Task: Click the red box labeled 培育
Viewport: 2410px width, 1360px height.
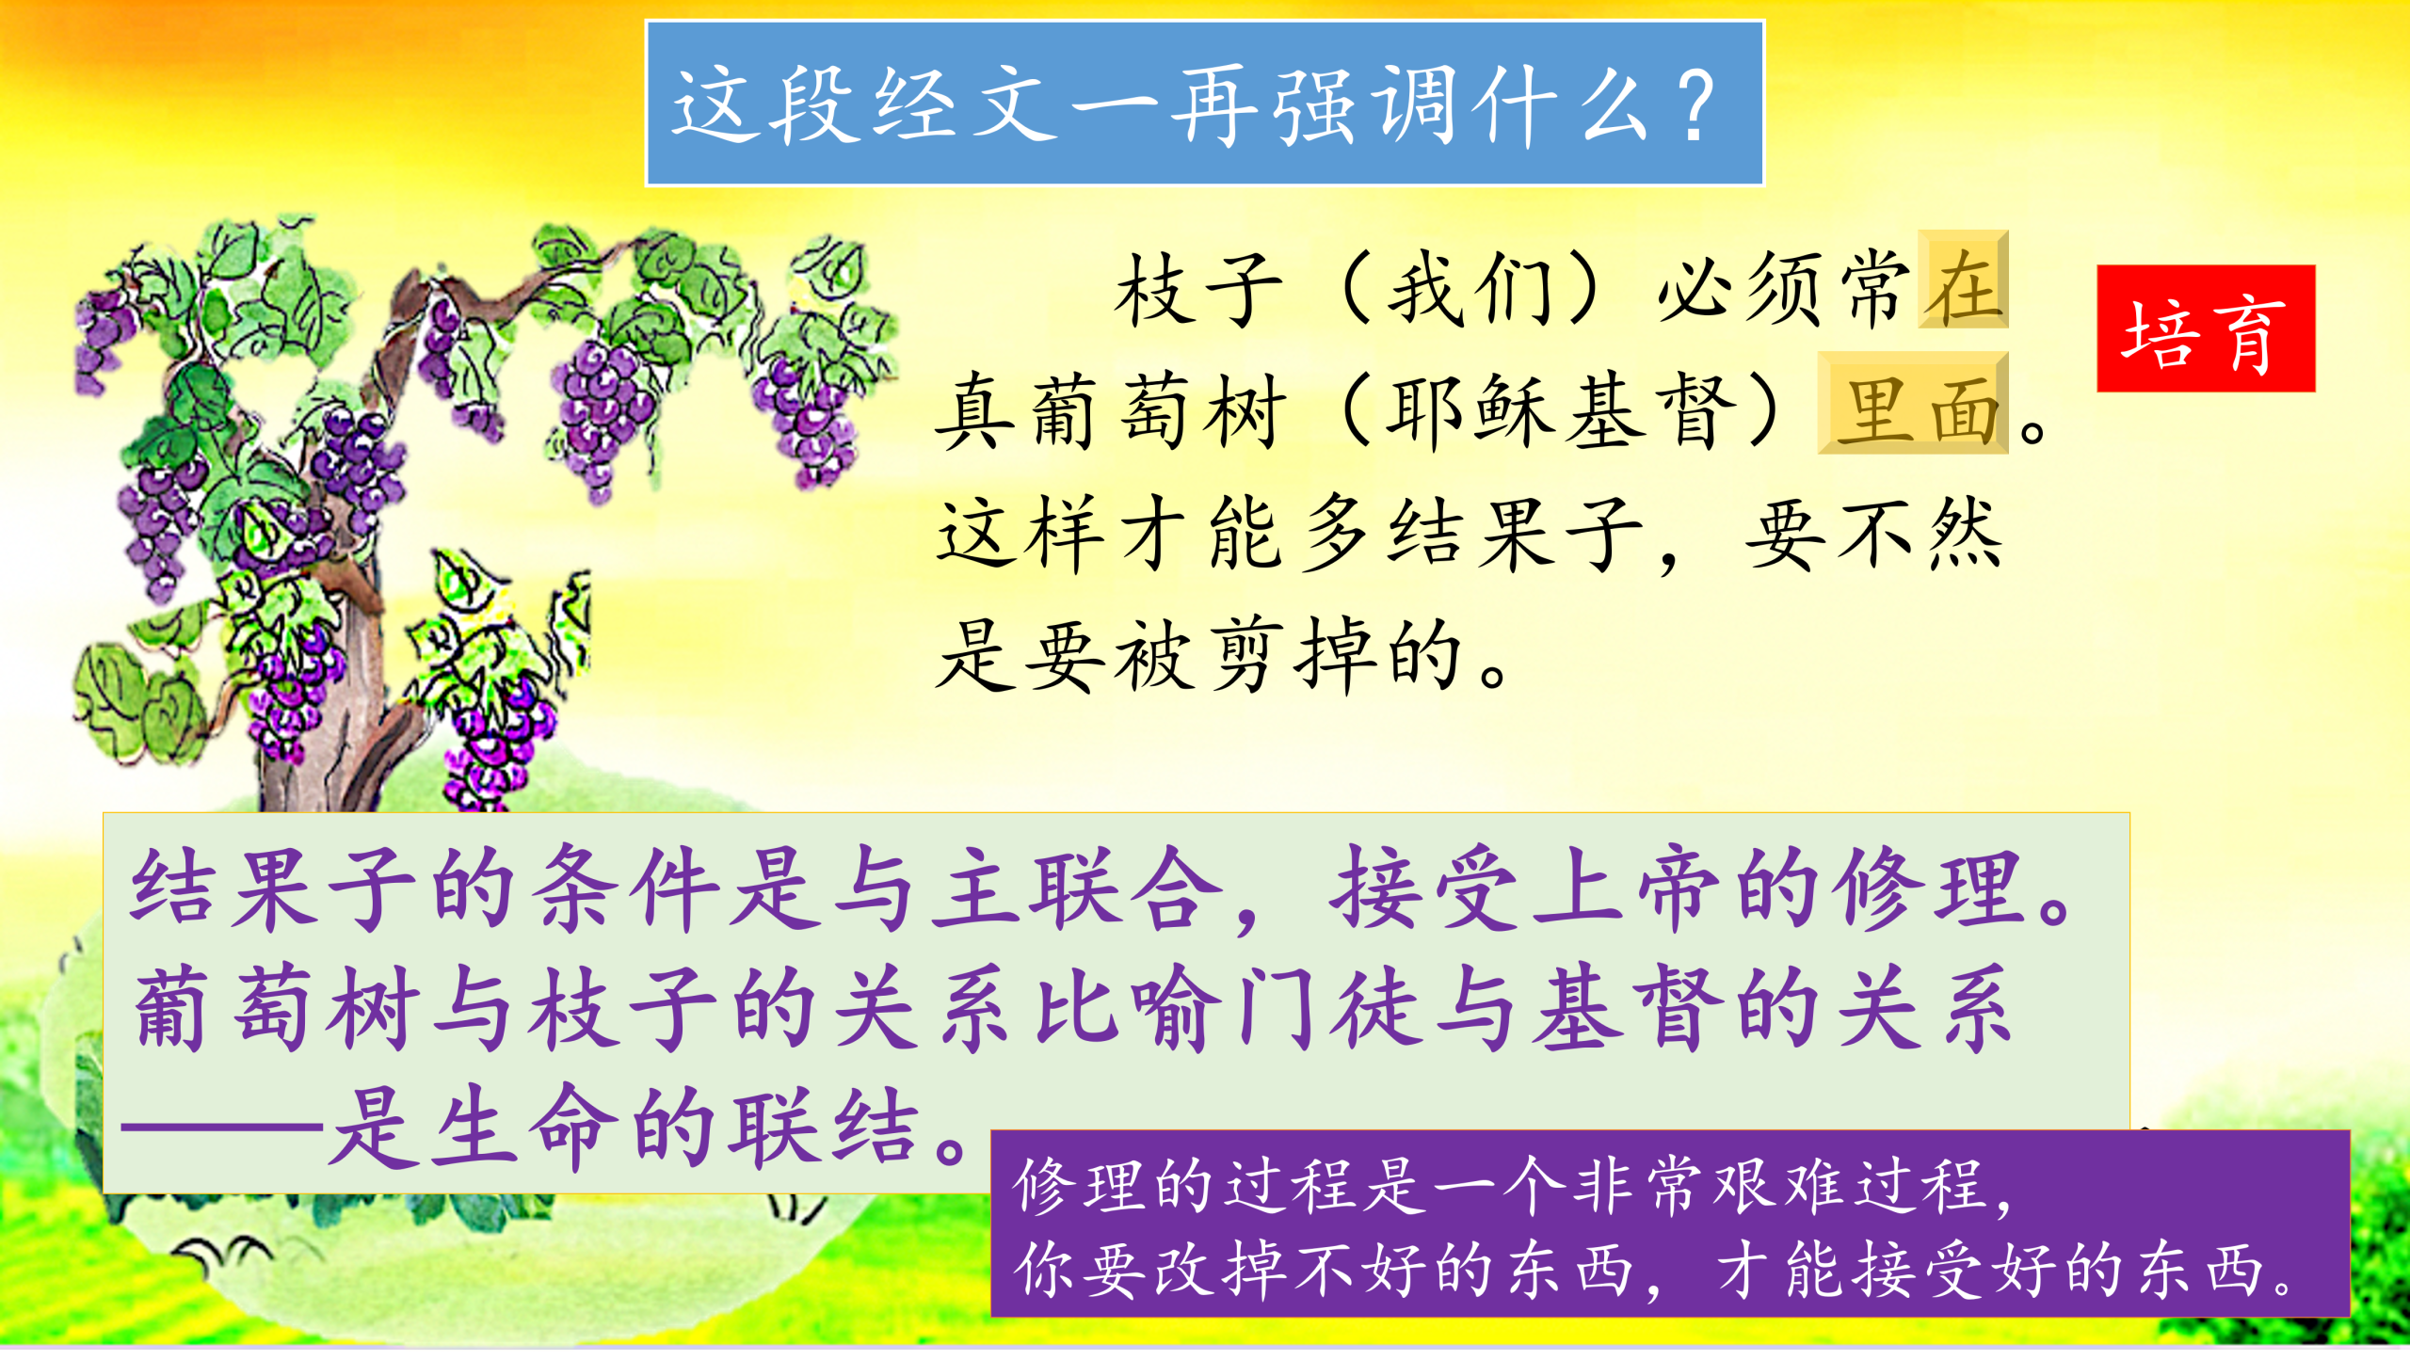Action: pos(2205,328)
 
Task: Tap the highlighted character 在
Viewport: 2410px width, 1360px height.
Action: pos(1964,280)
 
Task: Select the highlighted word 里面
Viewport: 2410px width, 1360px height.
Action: pos(1913,404)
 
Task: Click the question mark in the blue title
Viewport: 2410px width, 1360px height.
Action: pos(1697,105)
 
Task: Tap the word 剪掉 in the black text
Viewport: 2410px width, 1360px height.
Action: pos(1292,655)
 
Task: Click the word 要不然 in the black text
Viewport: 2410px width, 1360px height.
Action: pos(1873,533)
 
